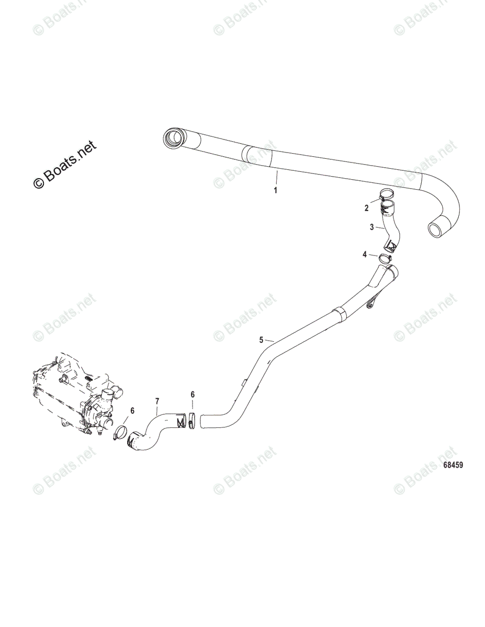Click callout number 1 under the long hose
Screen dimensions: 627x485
pos(276,190)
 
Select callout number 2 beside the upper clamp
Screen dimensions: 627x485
pos(367,208)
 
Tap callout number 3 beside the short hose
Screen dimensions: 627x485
pos(372,227)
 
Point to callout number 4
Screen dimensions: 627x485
pos(365,254)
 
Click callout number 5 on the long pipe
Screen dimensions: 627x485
pos(262,340)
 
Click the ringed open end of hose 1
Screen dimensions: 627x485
pos(173,139)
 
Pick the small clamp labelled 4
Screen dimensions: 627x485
pos(386,257)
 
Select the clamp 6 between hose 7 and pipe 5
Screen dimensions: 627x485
pos(192,420)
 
